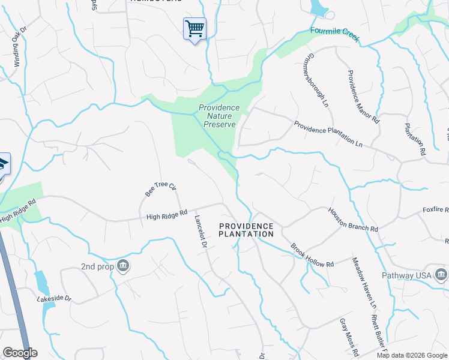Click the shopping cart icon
click(194, 28)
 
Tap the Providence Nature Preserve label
click(219, 116)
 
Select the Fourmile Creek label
click(335, 34)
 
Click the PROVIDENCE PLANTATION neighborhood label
click(246, 230)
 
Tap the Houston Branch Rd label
click(352, 220)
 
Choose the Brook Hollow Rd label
click(312, 255)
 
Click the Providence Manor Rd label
click(364, 97)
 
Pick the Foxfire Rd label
click(436, 210)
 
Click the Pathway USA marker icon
click(442, 275)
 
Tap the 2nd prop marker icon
click(122, 265)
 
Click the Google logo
click(20, 353)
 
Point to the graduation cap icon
click(3, 164)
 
